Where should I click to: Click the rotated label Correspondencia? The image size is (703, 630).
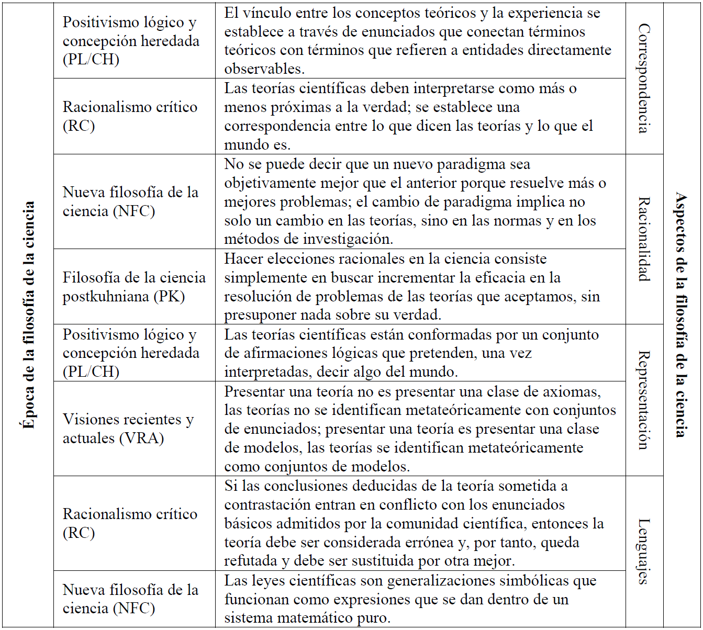(644, 78)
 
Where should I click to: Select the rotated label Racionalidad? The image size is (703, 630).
(644, 239)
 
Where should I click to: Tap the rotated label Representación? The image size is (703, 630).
(644, 400)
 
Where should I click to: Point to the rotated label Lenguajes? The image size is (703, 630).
(644, 551)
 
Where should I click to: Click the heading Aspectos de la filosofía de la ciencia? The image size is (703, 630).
(681, 314)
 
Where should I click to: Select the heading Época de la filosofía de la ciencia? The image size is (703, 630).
(29, 314)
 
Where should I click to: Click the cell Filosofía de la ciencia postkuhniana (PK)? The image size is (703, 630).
(134, 287)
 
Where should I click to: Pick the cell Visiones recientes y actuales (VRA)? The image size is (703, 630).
(128, 429)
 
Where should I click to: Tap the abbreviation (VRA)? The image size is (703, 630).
(142, 438)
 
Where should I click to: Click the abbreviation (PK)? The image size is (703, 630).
(169, 297)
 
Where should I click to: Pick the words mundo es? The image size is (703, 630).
(257, 145)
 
